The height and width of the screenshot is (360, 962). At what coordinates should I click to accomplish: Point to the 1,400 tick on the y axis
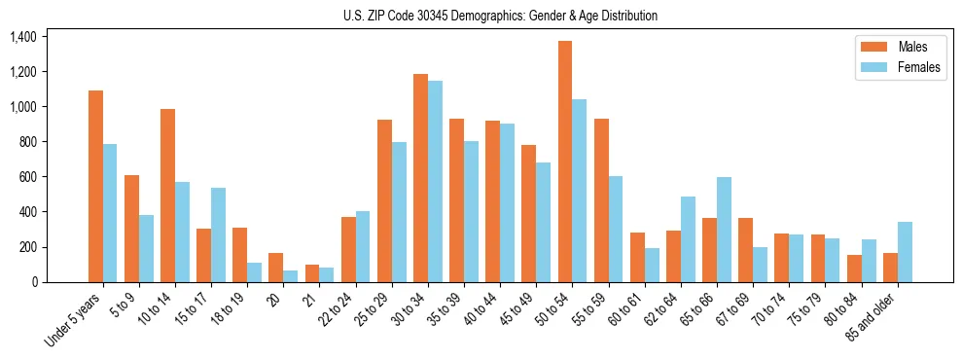coord(22,37)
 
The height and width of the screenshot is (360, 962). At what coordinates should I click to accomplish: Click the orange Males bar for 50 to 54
coord(565,162)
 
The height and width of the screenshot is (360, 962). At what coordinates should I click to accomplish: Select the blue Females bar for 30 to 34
coord(435,182)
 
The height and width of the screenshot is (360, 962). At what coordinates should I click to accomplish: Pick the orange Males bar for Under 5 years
coord(95,186)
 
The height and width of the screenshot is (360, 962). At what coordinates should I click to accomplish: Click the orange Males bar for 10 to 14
coord(167,196)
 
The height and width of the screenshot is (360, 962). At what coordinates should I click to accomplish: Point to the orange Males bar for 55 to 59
coord(601,200)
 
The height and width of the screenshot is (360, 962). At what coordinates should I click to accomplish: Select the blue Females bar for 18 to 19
coord(254,272)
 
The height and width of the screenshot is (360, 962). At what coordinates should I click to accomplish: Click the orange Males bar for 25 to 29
coord(384,200)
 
